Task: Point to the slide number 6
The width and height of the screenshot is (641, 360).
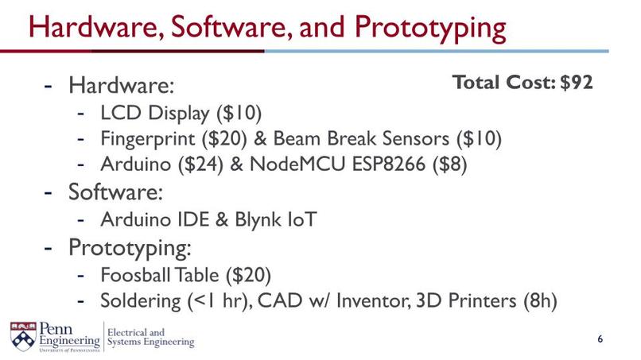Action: [600, 340]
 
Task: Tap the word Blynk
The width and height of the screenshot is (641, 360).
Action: [256, 219]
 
